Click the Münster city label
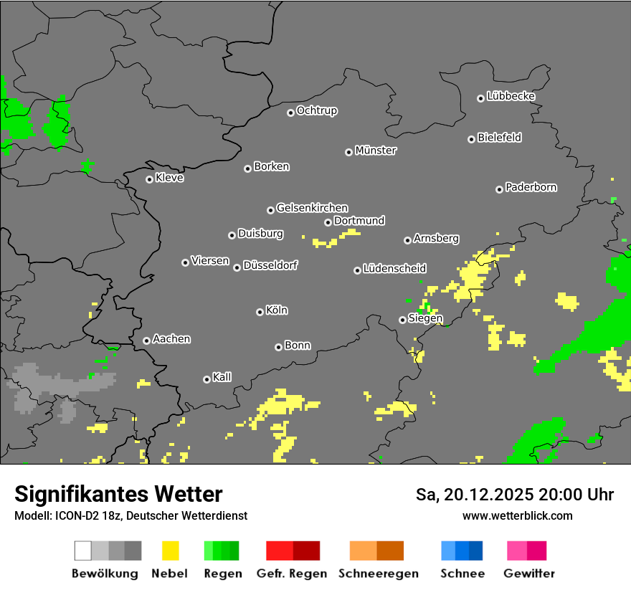pyautogui.click(x=376, y=151)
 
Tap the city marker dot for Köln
pyautogui.click(x=260, y=312)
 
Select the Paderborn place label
pyautogui.click(x=531, y=187)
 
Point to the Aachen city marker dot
pyautogui.click(x=146, y=341)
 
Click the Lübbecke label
pyautogui.click(x=511, y=96)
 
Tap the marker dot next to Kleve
pyautogui.click(x=149, y=179)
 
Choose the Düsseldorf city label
pyautogui.click(x=270, y=265)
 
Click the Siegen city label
pyautogui.click(x=425, y=318)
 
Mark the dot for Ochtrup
pyautogui.click(x=290, y=112)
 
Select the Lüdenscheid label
pyautogui.click(x=394, y=269)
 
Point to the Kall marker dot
pyautogui.click(x=207, y=379)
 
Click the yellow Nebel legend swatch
pyautogui.click(x=170, y=551)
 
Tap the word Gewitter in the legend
pyautogui.click(x=529, y=573)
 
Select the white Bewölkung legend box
pyautogui.click(x=83, y=551)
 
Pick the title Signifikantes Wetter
pyautogui.click(x=118, y=495)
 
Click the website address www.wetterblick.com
pyautogui.click(x=517, y=515)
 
